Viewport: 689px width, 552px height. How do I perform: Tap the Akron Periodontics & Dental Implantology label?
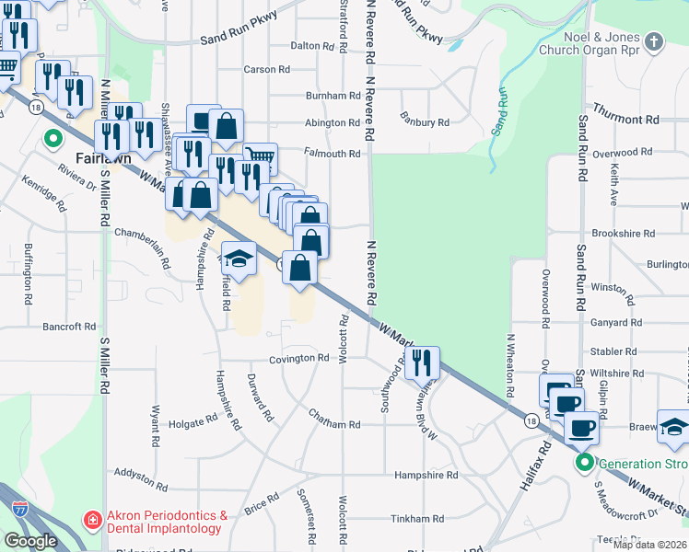point(165,523)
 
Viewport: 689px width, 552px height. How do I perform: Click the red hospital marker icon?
point(92,522)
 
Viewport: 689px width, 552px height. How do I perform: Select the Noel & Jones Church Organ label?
point(594,42)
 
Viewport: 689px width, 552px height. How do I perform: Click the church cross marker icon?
point(654,41)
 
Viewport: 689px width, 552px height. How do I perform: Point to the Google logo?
point(30,541)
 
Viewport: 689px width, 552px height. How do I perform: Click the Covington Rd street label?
point(299,358)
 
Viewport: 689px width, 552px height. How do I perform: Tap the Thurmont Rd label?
point(626,120)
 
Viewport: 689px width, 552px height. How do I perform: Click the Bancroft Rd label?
point(69,327)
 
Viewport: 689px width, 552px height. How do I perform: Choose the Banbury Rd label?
point(424,121)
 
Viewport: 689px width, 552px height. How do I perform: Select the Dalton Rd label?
point(317,46)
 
